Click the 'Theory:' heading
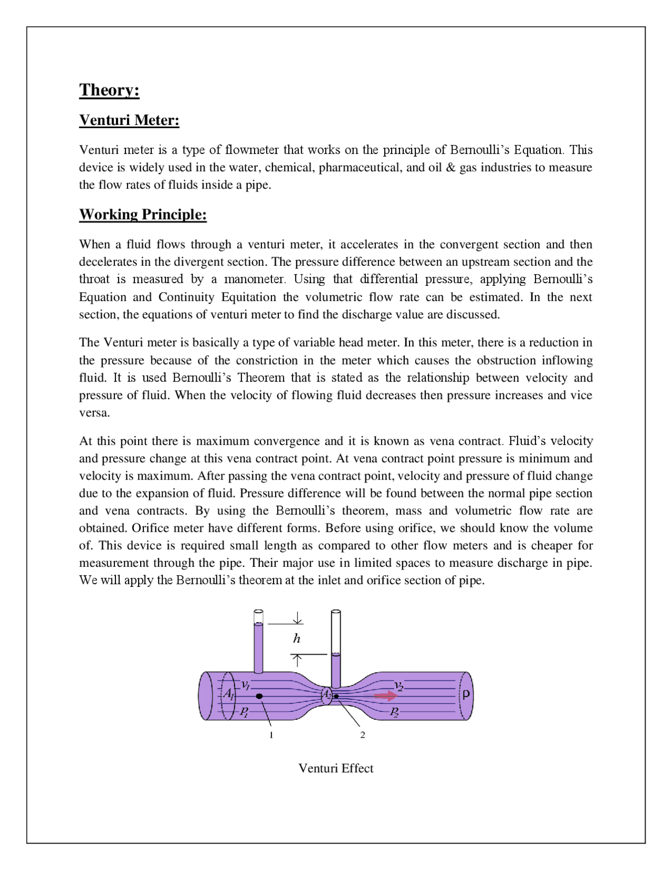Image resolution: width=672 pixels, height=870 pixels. coord(109,90)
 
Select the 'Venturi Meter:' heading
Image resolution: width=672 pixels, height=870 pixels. coord(129,120)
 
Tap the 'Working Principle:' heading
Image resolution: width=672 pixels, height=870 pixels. coord(143,214)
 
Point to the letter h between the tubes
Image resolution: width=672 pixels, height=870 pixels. coord(297,638)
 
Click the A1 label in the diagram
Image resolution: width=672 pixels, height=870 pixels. coord(228,694)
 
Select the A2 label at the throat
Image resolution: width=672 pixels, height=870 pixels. coord(326,695)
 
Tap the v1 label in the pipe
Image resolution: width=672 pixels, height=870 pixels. coord(245,685)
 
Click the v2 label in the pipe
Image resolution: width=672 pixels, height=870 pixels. coord(399,686)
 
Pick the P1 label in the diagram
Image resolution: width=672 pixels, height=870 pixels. coord(244,711)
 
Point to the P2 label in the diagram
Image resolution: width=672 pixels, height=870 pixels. coord(394,711)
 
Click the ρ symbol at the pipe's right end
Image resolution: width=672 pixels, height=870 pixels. coord(465,695)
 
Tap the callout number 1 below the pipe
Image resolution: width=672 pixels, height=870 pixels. coord(271,735)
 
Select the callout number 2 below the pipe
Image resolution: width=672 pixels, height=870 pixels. coord(362,735)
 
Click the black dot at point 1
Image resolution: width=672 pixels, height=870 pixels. coord(259,696)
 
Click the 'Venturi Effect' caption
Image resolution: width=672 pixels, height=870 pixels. coord(335,768)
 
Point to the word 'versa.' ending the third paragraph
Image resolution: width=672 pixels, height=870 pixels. coord(94,413)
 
